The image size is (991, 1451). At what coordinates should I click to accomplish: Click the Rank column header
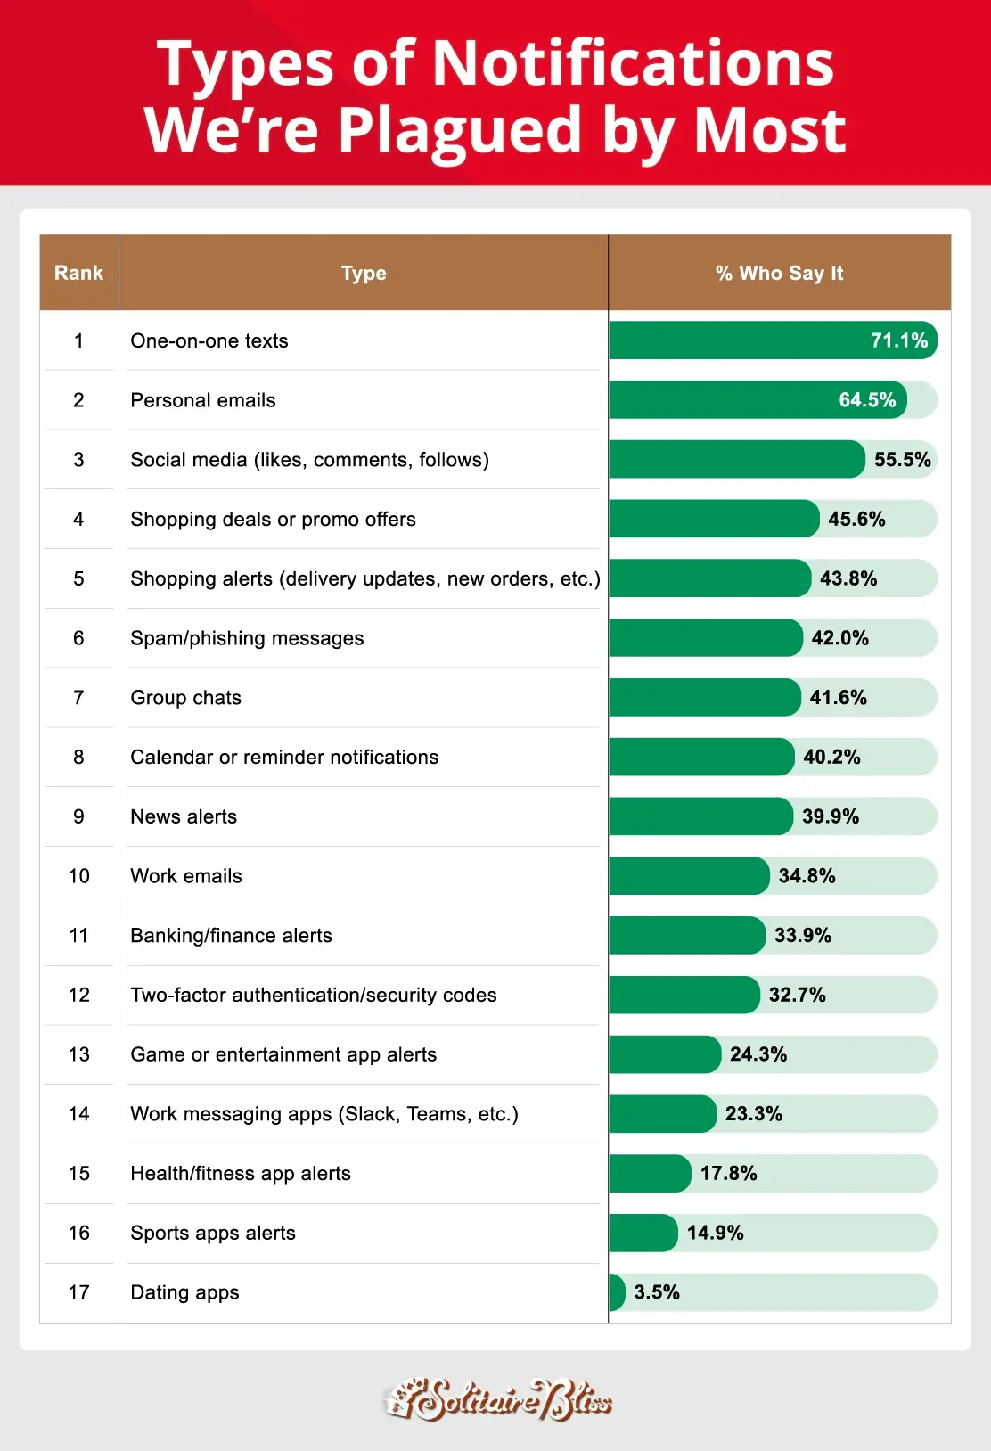point(78,273)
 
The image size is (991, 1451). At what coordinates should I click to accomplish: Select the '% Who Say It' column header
point(779,273)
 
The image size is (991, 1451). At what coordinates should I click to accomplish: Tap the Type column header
point(364,273)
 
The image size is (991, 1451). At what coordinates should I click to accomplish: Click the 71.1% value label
point(899,340)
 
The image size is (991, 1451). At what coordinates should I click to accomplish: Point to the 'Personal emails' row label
point(203,400)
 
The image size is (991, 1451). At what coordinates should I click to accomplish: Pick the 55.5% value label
point(902,460)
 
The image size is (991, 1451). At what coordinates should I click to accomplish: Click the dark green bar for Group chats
point(704,698)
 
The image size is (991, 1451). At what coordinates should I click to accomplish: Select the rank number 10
point(78,876)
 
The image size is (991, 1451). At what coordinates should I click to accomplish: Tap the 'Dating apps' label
point(184,1292)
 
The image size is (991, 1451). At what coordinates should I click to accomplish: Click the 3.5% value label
point(657,1292)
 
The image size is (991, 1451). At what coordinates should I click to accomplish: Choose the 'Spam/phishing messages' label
point(247,638)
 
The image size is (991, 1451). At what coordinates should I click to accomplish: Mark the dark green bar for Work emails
point(688,876)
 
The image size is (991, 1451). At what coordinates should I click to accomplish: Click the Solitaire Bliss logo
point(497,1400)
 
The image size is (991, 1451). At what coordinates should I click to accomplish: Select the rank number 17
point(78,1292)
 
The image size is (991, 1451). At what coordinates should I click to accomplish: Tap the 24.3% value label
point(758,1054)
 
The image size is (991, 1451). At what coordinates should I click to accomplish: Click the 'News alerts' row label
point(184,816)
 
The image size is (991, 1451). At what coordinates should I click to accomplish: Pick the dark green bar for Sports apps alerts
point(643,1233)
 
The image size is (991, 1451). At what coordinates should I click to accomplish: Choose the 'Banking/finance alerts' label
point(231,936)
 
